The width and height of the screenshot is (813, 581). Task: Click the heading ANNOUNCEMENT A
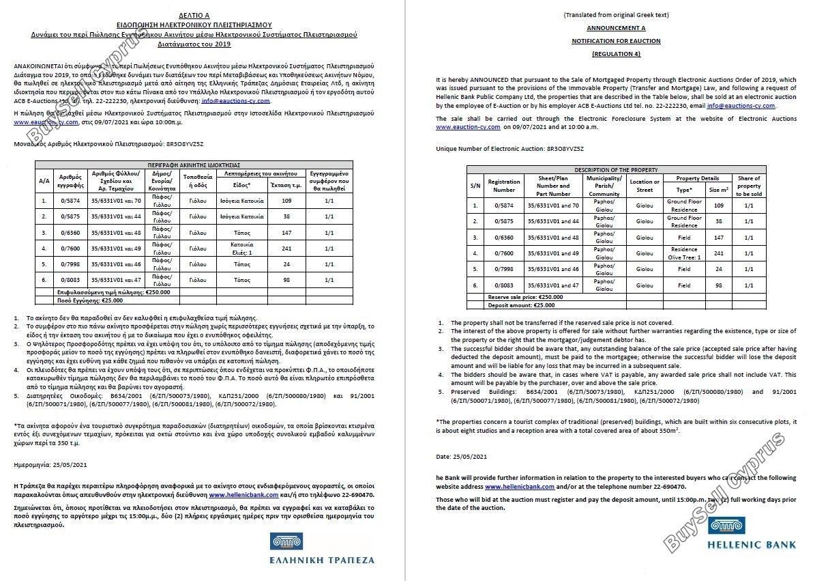pyautogui.click(x=616, y=28)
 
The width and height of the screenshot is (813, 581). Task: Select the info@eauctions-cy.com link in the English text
pyautogui.click(x=741, y=106)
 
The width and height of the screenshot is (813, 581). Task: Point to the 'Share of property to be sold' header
pyautogui.click(x=749, y=186)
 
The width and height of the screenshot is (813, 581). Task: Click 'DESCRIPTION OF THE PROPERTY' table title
pyautogui.click(x=616, y=169)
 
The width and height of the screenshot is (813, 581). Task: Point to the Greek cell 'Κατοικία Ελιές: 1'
pyautogui.click(x=242, y=248)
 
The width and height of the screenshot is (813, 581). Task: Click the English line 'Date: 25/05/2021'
pyautogui.click(x=461, y=455)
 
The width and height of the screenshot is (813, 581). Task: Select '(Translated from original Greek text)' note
pyautogui.click(x=616, y=14)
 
